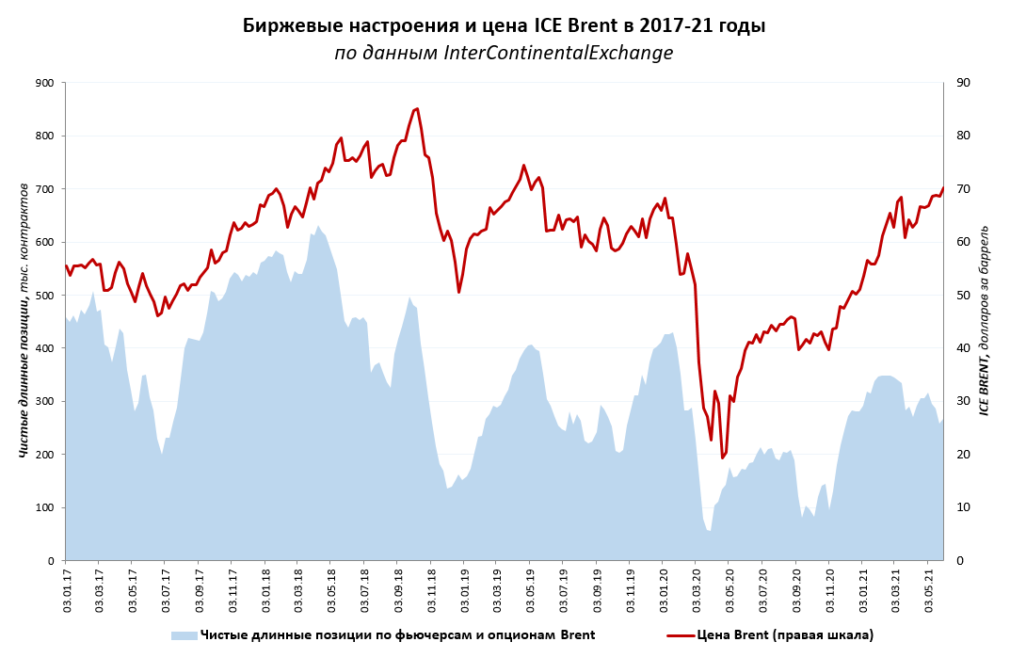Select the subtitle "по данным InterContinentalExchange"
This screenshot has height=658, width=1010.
(504, 53)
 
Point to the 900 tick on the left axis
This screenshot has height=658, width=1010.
(42, 83)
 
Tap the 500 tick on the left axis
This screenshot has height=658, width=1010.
(42, 296)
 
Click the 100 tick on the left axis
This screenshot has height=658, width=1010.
(42, 507)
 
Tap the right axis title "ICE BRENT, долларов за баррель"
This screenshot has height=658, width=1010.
(985, 320)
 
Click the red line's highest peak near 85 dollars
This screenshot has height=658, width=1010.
(416, 108)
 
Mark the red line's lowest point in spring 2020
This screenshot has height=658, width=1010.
(722, 458)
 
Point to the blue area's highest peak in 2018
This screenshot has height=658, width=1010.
(318, 226)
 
